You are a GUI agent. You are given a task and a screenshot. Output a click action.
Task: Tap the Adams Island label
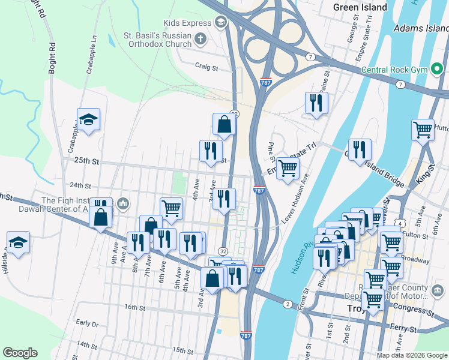[x=421, y=28]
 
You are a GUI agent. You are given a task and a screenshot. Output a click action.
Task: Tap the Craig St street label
[x=205, y=67]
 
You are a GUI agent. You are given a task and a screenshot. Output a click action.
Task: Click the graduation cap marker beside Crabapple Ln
[x=88, y=120]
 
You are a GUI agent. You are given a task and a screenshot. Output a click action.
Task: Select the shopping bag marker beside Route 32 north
[x=224, y=124]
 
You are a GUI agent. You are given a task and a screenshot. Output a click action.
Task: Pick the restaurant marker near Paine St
[x=316, y=103]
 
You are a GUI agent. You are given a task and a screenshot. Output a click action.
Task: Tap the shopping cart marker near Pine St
[x=288, y=167]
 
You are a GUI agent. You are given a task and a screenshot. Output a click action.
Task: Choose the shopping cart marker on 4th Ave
[x=171, y=208]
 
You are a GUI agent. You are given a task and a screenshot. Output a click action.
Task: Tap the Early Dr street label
[x=88, y=323]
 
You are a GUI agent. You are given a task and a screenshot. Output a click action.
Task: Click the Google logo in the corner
[x=20, y=353]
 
